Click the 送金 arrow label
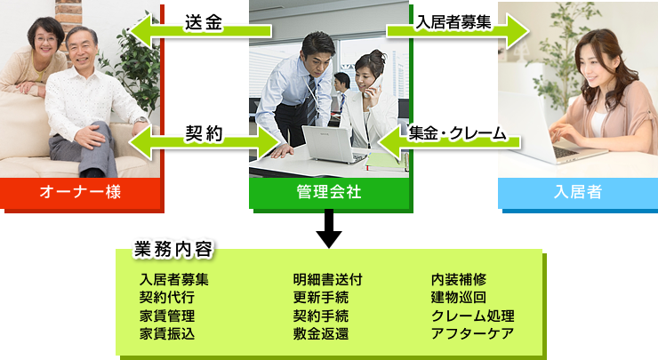204,22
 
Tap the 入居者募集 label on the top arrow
453,22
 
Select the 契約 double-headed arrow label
204,133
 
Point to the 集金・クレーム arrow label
457,133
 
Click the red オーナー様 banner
80,193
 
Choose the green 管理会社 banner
329,193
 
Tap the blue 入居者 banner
578,193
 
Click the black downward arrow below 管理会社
329,228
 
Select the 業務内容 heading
173,249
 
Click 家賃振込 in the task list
167,334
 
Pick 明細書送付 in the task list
328,279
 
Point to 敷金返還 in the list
321,334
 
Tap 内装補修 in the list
459,279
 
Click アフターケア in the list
472,334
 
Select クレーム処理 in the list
472,316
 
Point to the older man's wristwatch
141,120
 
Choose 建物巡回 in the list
459,298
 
